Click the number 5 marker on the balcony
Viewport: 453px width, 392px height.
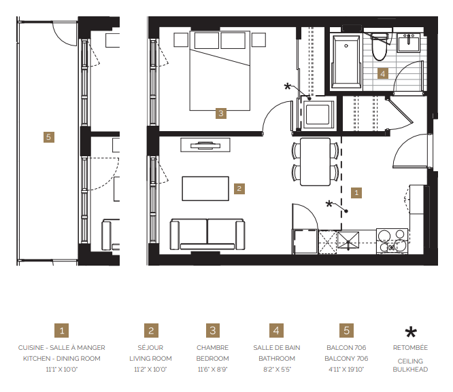[x=48, y=137]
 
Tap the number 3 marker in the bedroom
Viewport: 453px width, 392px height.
[x=220, y=113]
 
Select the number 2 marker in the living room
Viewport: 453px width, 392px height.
[x=239, y=188]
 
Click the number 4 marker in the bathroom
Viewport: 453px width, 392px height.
[x=383, y=73]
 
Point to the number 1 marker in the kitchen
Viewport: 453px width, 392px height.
[x=357, y=192]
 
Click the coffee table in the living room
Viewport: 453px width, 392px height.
[x=205, y=188]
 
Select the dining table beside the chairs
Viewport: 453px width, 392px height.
[x=316, y=162]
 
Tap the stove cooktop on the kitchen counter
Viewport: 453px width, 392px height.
[x=392, y=241]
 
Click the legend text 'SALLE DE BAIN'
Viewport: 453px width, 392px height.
[x=276, y=348]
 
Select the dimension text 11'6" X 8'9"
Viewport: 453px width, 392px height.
[x=213, y=369]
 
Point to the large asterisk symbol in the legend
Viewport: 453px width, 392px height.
[x=410, y=332]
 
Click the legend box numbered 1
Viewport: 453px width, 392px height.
[x=62, y=331]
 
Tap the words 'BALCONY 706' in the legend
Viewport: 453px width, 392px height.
[x=346, y=359]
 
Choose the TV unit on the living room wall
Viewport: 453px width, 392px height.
[x=205, y=144]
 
